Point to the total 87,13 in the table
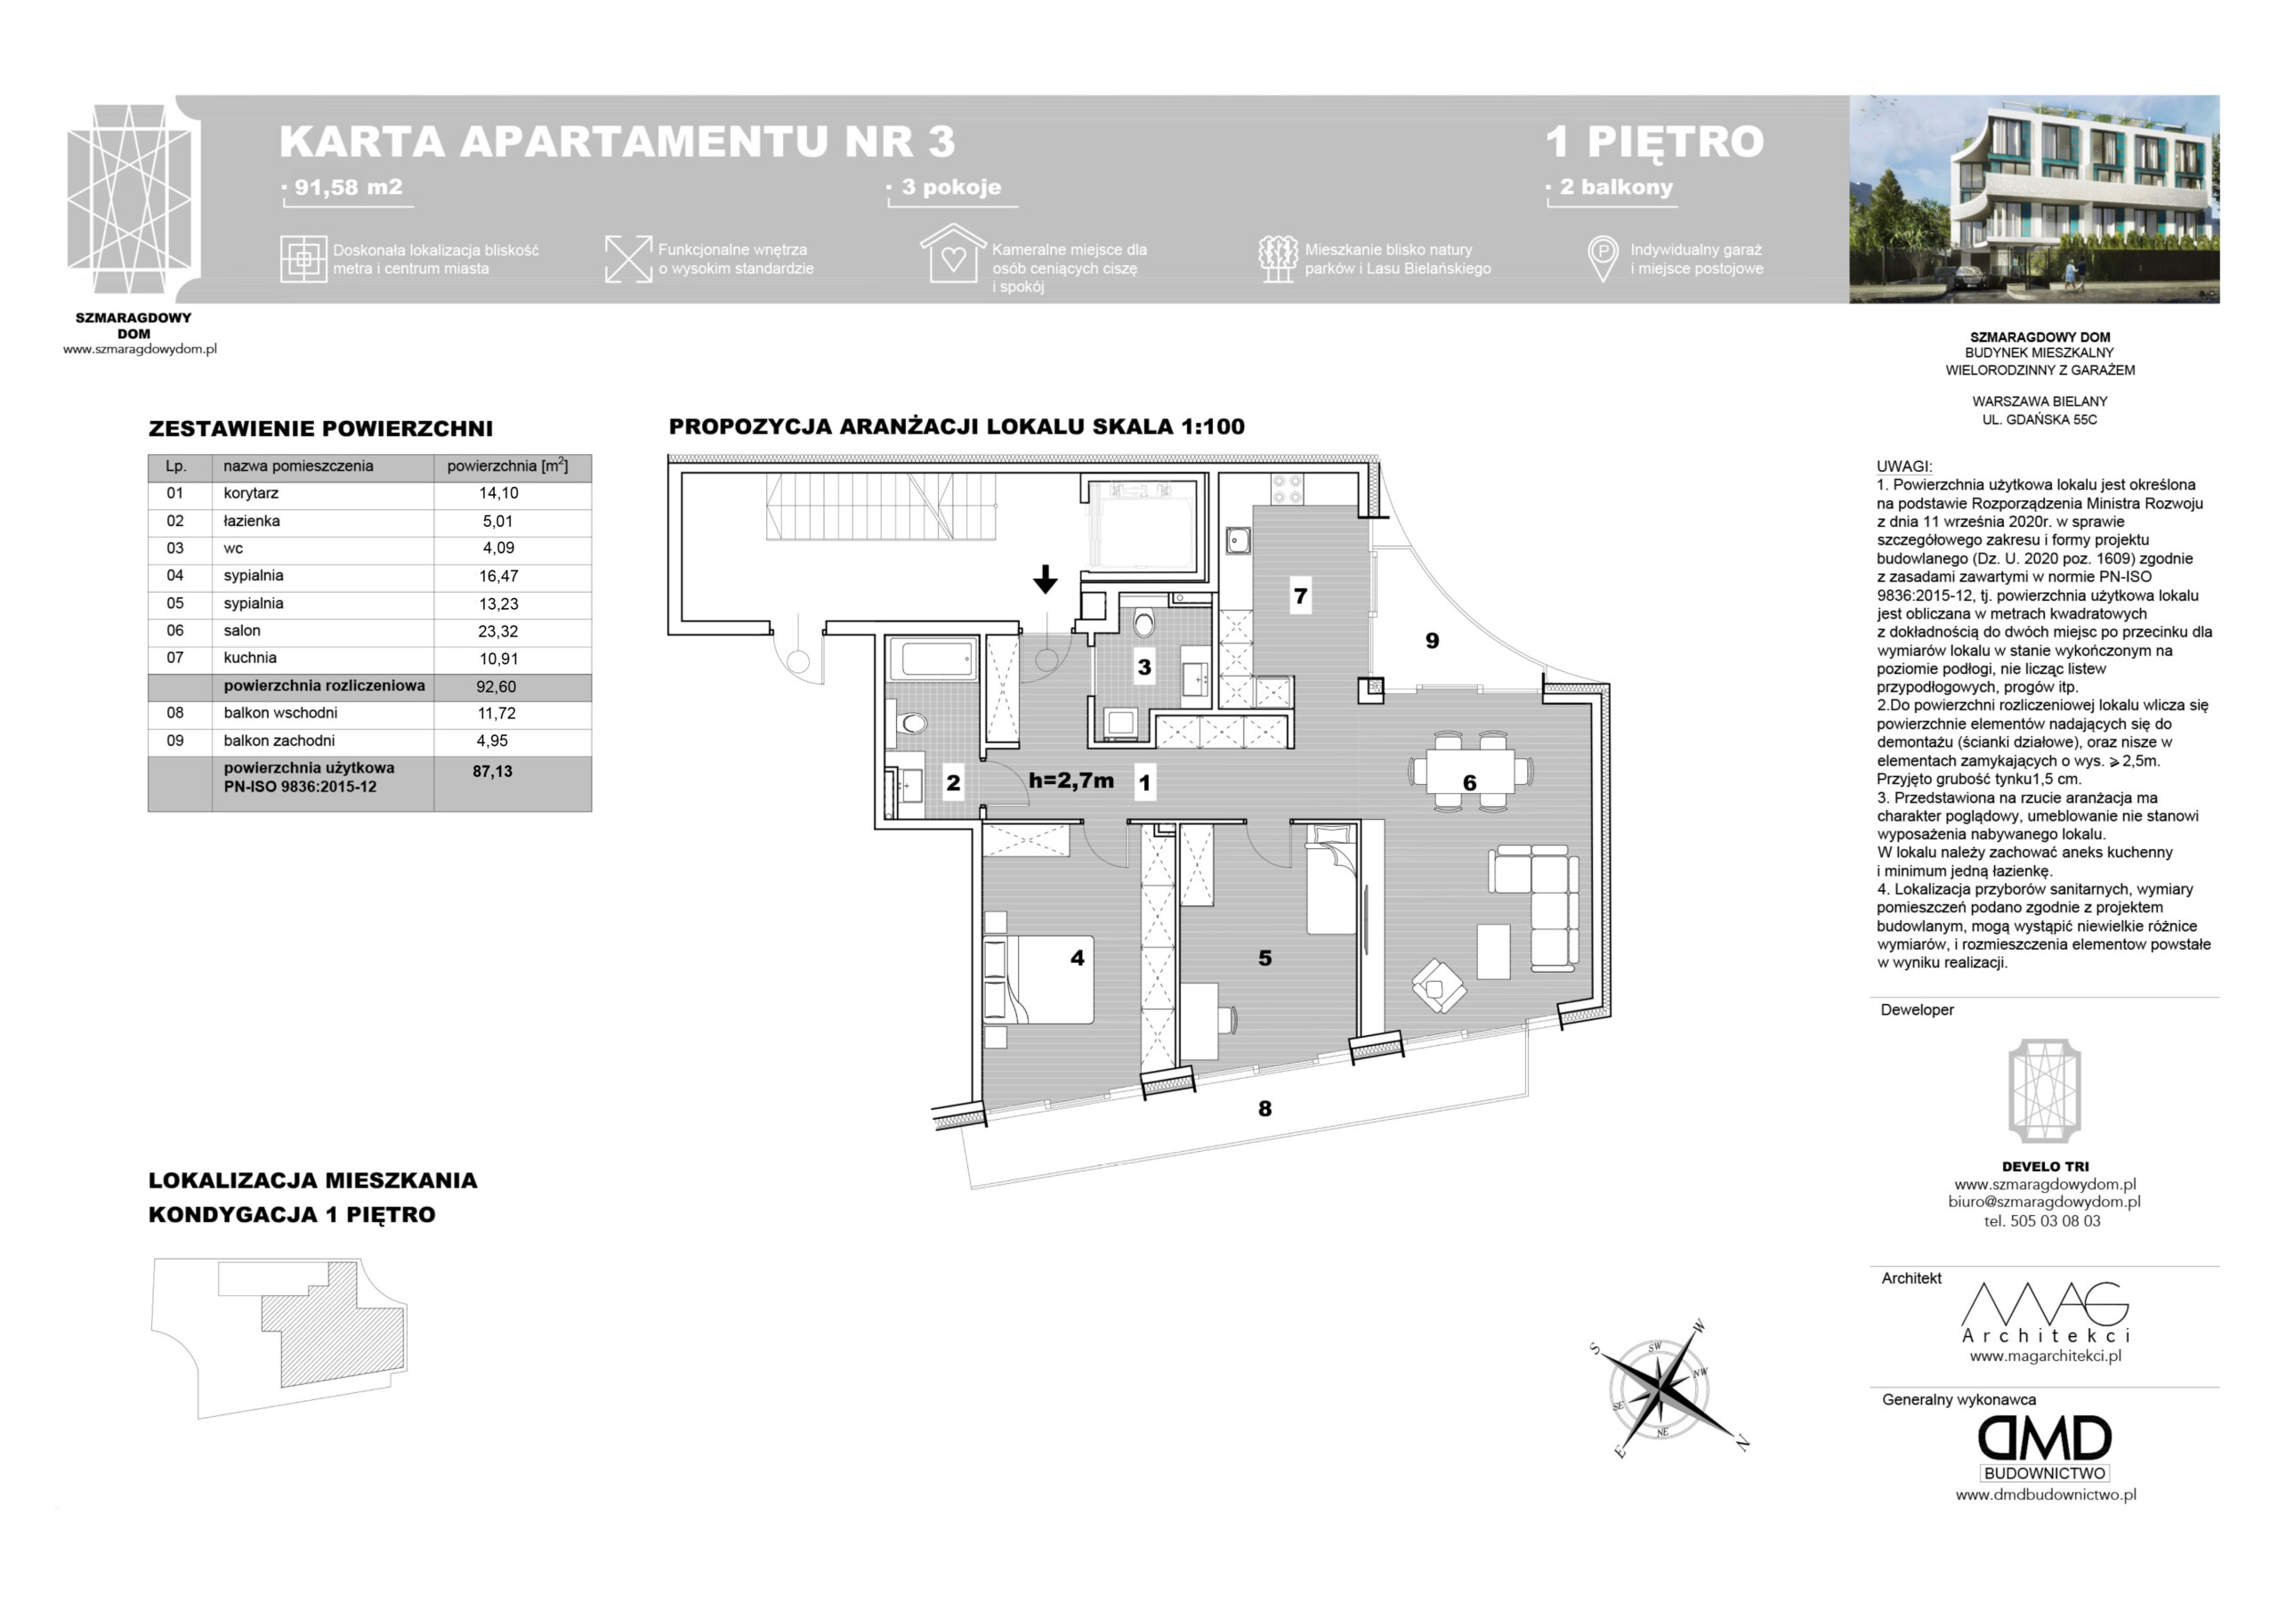pyautogui.click(x=492, y=771)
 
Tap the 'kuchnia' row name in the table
pyautogui.click(x=250, y=657)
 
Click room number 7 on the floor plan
pyautogui.click(x=1300, y=596)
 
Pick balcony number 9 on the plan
pyautogui.click(x=1432, y=641)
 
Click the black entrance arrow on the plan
pyautogui.click(x=1045, y=579)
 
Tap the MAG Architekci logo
pyautogui.click(x=2046, y=1313)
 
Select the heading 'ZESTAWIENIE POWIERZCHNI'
pyautogui.click(x=320, y=429)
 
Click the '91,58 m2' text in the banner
pyautogui.click(x=348, y=187)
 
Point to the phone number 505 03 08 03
pyautogui.click(x=2055, y=1221)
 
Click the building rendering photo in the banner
pyautogui.click(x=2034, y=199)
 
